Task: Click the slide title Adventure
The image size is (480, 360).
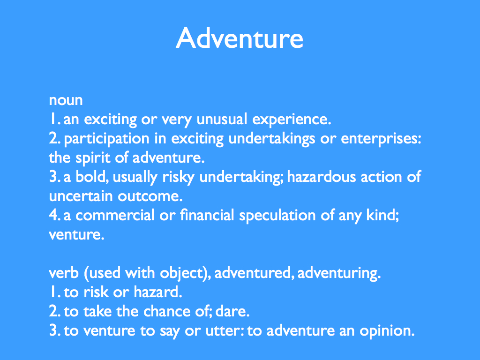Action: click(x=240, y=38)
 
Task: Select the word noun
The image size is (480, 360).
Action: click(x=66, y=100)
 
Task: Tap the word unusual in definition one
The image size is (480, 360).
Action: click(x=222, y=119)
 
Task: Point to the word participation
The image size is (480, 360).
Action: click(x=106, y=139)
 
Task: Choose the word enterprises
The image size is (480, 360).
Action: click(x=381, y=139)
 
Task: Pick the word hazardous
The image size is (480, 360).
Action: click(x=322, y=177)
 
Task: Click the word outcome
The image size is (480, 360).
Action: click(x=150, y=196)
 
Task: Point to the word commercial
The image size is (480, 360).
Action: click(x=115, y=215)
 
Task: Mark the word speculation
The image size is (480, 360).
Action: click(x=277, y=216)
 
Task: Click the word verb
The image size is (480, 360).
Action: click(x=64, y=273)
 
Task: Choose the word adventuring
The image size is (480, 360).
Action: click(x=339, y=274)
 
